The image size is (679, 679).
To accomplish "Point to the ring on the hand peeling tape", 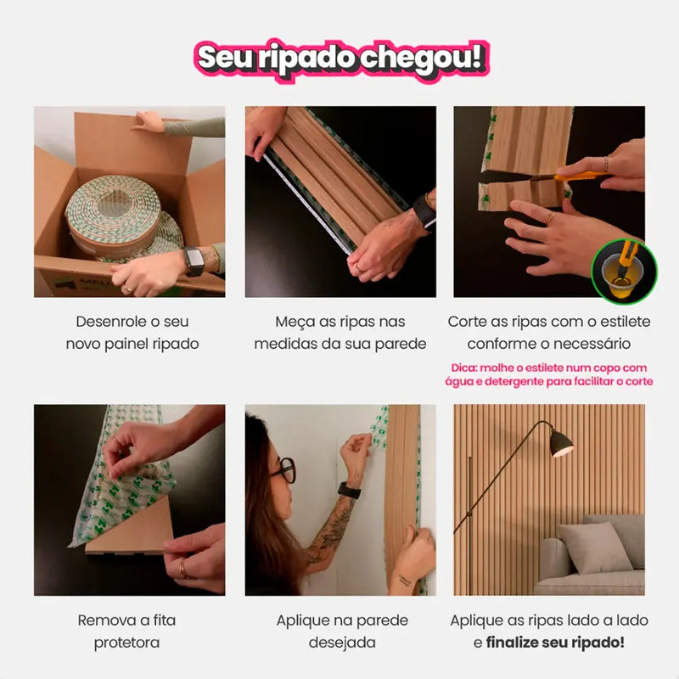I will click(183, 570).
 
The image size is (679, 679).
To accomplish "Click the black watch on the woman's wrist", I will click(349, 490).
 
